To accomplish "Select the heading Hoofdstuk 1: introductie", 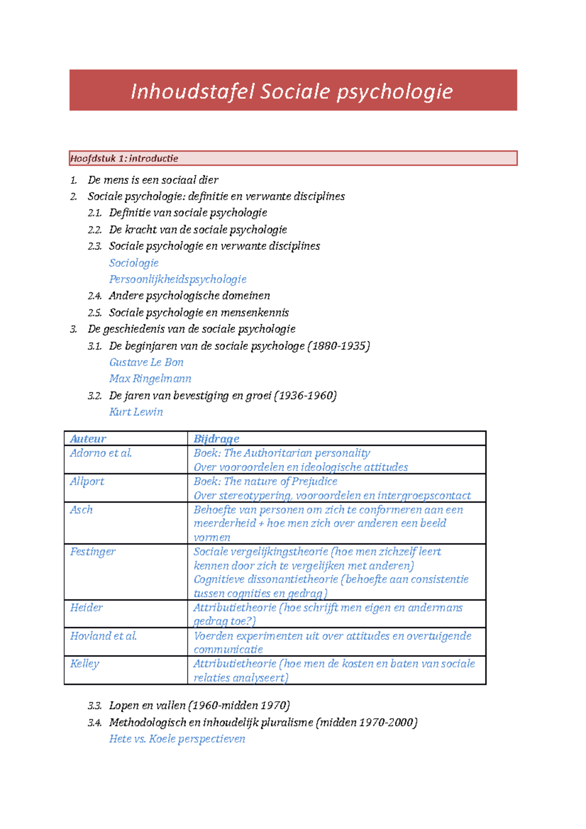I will pyautogui.click(x=124, y=158).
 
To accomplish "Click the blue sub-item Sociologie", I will pyautogui.click(x=134, y=263).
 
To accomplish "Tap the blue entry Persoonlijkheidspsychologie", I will pyautogui.click(x=178, y=279).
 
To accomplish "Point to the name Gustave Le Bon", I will pyautogui.click(x=146, y=362).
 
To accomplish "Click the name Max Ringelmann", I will pyautogui.click(x=150, y=378).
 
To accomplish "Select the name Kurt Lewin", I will pyautogui.click(x=136, y=412).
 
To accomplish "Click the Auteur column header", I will pyautogui.click(x=88, y=438).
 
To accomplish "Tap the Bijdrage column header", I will pyautogui.click(x=216, y=438).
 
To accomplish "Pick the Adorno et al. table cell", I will pyautogui.click(x=101, y=453).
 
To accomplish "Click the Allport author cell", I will pyautogui.click(x=87, y=481).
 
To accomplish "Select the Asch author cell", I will pyautogui.click(x=81, y=510).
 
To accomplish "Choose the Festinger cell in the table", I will pyautogui.click(x=93, y=552).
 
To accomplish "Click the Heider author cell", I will pyautogui.click(x=86, y=607).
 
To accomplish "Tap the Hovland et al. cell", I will pyautogui.click(x=103, y=636).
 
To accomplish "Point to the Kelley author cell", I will pyautogui.click(x=84, y=663).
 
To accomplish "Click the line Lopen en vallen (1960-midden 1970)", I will pyautogui.click(x=199, y=705).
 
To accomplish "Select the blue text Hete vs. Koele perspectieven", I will pyautogui.click(x=177, y=739).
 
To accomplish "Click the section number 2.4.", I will pyautogui.click(x=95, y=296).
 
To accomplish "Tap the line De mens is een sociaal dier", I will pyautogui.click(x=153, y=180).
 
